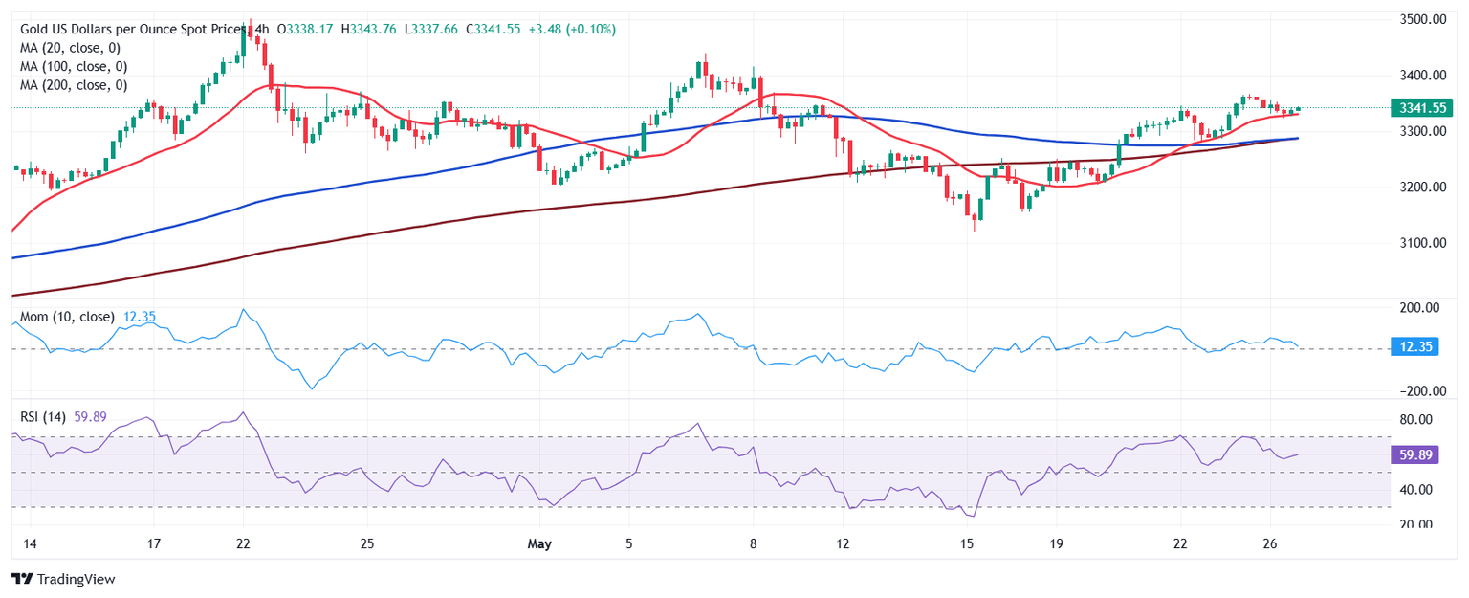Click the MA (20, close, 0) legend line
[x=74, y=48]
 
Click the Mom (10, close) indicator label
[x=66, y=317]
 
